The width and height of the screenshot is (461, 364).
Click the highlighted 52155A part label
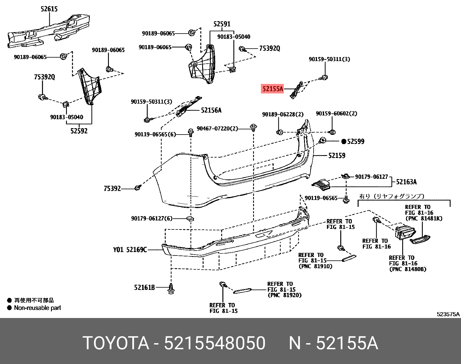tap(272, 89)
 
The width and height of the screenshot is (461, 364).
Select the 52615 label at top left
tap(49, 9)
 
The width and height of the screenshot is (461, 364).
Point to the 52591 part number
tap(222, 24)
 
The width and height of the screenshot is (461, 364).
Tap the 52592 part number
tap(79, 131)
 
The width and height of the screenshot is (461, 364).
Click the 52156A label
tap(211, 110)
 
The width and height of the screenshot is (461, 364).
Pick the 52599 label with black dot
tap(353, 141)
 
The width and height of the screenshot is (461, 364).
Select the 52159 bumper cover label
tap(337, 156)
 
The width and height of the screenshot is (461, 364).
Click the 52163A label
tap(406, 182)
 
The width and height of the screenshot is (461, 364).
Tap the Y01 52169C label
tap(130, 249)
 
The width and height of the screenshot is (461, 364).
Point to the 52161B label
tap(144, 288)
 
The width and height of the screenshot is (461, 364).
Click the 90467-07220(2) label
tap(217, 128)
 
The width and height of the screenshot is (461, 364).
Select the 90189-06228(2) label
tap(283, 115)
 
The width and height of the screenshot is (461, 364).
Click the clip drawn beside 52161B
tap(171, 289)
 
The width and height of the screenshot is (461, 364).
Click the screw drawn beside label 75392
tap(138, 188)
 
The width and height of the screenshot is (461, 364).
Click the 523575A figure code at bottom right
tap(448, 314)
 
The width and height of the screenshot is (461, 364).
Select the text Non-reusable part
tap(37, 308)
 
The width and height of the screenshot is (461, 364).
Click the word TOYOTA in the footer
tap(116, 343)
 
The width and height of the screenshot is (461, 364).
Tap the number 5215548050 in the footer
tap(215, 343)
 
